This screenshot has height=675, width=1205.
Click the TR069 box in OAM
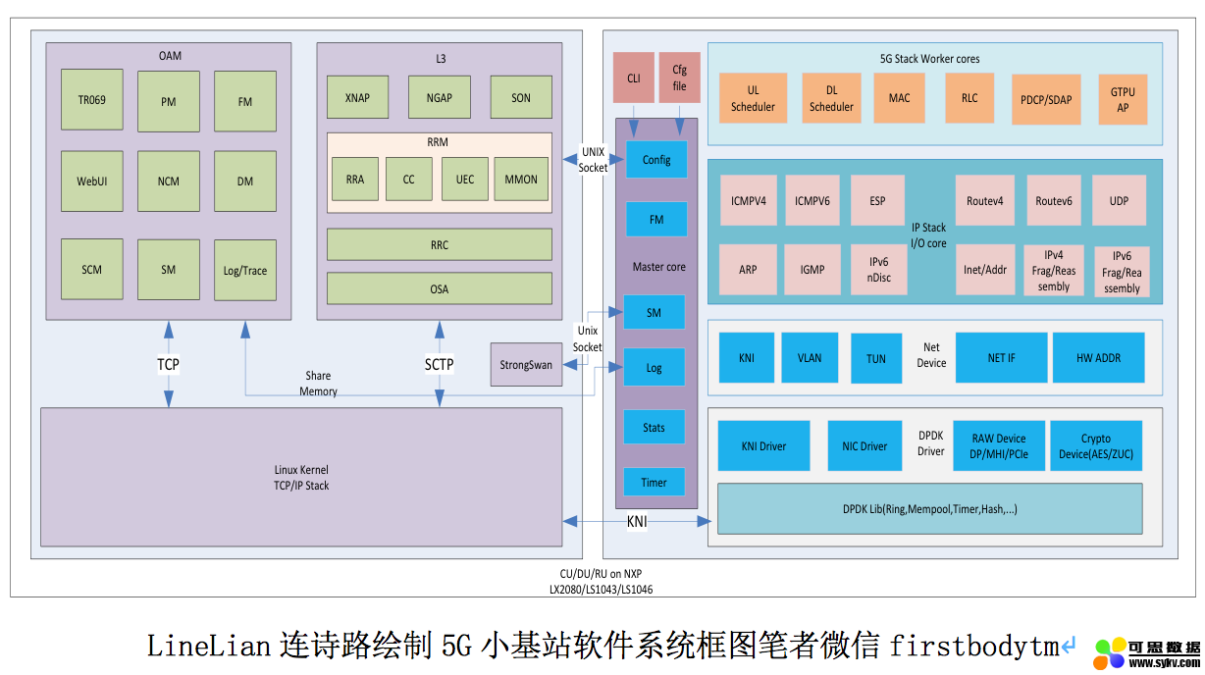coord(91,99)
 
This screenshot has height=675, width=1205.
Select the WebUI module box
coord(91,182)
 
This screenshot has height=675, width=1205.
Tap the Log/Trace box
coord(245,270)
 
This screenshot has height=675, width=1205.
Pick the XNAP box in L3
coord(357,97)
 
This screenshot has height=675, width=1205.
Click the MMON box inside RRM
coord(521,179)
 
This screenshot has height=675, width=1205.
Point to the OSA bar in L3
coord(439,288)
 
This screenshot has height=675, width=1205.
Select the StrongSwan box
coord(526,365)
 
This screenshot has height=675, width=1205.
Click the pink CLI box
coord(633,78)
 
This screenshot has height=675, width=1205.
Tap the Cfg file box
coord(679,78)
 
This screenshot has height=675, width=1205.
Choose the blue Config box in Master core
coord(656,159)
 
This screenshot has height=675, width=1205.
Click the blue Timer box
coord(654,482)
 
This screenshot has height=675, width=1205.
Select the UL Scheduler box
coord(753,98)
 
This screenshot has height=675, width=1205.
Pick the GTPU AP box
coord(1123,99)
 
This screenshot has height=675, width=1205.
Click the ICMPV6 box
coord(812,201)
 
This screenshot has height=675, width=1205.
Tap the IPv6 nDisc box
coord(878,269)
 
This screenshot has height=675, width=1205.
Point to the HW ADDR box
coord(1098,357)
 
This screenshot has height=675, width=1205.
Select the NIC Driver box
coord(864,446)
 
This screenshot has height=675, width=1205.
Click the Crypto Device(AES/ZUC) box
coord(1096,446)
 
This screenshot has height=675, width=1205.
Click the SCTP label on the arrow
coord(439,364)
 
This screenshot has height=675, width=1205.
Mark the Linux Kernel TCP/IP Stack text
coord(301,478)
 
